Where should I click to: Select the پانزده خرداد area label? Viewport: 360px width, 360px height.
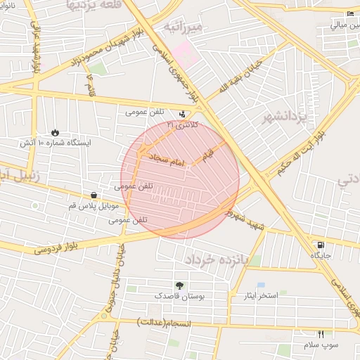pos(217,259)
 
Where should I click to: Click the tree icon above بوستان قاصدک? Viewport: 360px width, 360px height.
pos(180,285)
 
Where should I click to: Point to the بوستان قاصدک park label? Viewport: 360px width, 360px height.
pos(180,297)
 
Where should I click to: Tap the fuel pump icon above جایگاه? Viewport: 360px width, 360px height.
pos(321,245)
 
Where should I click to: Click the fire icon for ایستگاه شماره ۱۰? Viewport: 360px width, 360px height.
pos(55,132)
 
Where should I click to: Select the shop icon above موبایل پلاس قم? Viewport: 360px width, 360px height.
pos(94,195)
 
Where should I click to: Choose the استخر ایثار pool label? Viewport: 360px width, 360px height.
pos(259,295)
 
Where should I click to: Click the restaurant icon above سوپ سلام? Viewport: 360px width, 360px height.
pos(321,333)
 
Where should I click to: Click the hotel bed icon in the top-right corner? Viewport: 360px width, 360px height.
pos(351,14)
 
